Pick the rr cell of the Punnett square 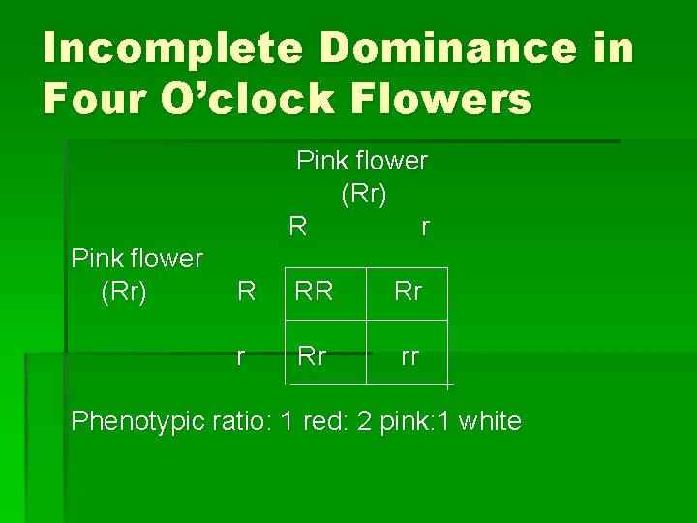[409, 355]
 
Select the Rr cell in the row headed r [312, 355]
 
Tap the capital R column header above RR [298, 228]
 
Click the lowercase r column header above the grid [424, 228]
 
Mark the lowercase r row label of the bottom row [240, 356]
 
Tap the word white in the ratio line [490, 421]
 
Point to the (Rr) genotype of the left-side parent [124, 292]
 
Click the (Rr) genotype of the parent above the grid [364, 195]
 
